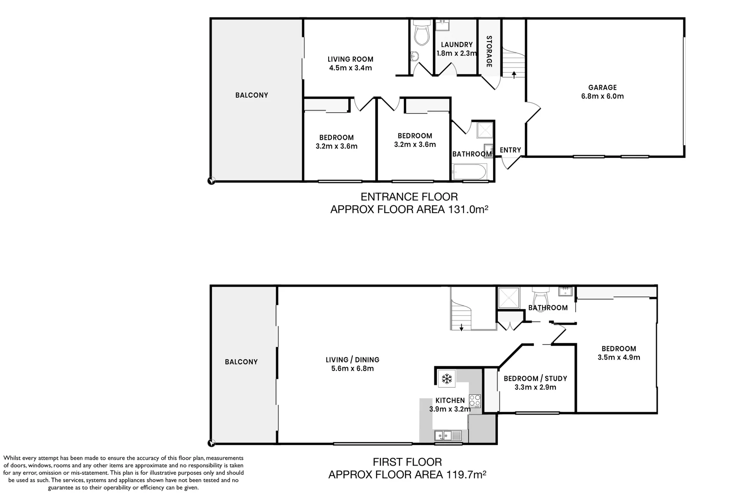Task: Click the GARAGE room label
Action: (602, 87)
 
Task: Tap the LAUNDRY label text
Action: (457, 45)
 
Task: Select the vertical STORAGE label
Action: (489, 52)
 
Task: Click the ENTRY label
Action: (510, 150)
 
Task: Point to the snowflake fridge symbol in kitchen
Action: (446, 379)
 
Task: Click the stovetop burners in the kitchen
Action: (475, 400)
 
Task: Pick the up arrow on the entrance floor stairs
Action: (514, 74)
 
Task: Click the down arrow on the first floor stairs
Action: (462, 326)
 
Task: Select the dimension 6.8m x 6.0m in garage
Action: (602, 96)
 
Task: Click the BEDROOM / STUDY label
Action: (535, 378)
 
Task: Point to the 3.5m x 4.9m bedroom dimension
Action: (618, 357)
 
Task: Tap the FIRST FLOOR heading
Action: (407, 462)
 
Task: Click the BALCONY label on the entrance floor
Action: (251, 95)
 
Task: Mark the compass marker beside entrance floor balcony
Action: (211, 181)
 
